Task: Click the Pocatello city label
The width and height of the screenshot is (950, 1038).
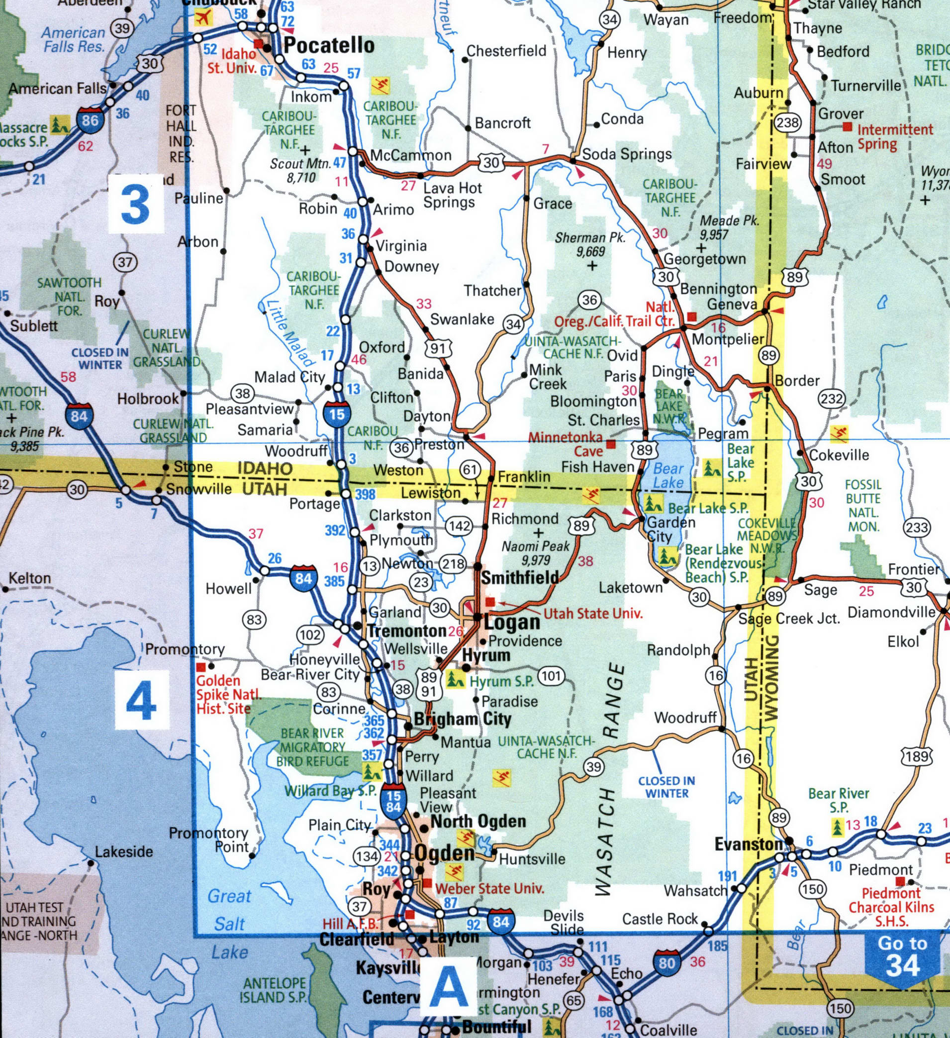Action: [329, 45]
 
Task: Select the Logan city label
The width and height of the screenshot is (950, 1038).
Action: [513, 622]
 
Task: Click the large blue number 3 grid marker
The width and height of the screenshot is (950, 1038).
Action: [136, 205]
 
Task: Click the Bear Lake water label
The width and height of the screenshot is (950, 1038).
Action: [668, 475]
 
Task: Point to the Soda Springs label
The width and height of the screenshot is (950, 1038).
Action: [627, 154]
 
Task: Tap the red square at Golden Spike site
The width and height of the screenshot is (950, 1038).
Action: [201, 666]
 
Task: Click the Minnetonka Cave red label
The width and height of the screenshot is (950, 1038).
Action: [566, 444]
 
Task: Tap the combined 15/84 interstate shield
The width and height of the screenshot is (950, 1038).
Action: [394, 801]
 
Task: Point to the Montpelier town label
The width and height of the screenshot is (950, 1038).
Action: [728, 339]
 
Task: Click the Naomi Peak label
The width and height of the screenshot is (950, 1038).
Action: [536, 552]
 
